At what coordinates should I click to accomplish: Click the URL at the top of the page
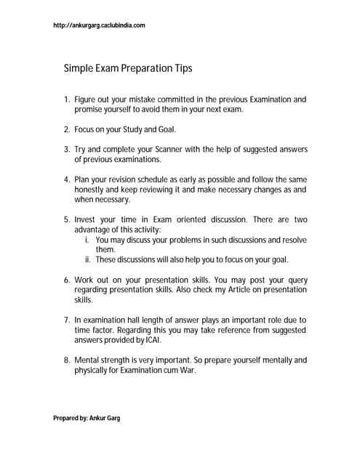tap(100, 25)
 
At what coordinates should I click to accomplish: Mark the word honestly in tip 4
tap(91, 190)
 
